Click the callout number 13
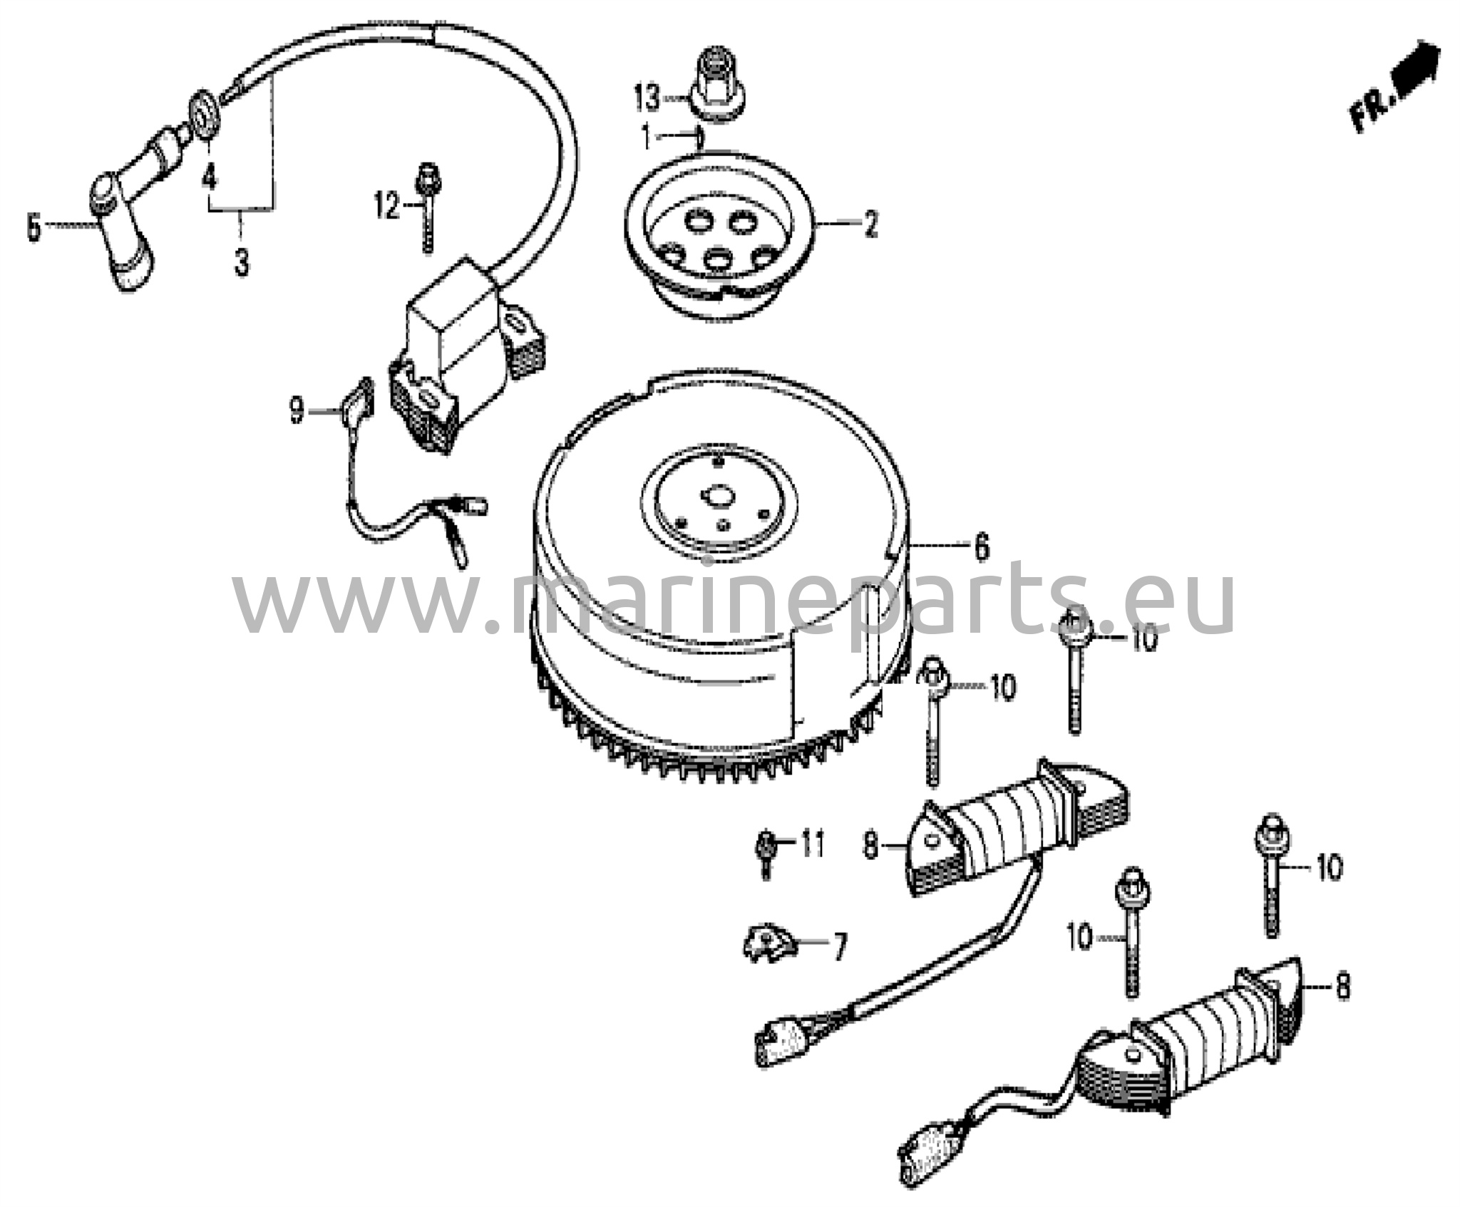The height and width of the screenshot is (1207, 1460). click(647, 98)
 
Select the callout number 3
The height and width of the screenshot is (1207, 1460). click(242, 263)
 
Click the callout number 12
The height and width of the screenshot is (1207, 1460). click(387, 207)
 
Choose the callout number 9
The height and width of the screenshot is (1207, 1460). click(297, 411)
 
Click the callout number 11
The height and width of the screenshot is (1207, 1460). click(813, 845)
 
